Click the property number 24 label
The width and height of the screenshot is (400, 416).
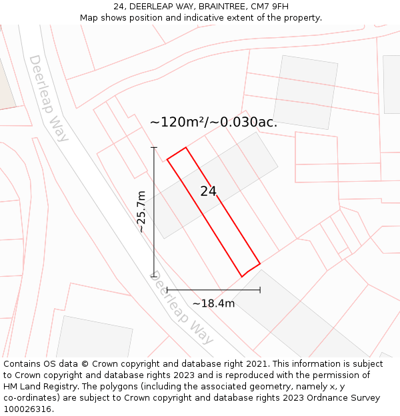(x=208, y=192)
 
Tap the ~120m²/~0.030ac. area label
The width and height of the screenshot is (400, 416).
(x=213, y=122)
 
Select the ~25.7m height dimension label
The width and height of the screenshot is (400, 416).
(x=141, y=212)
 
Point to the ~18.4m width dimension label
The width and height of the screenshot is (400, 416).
(x=213, y=304)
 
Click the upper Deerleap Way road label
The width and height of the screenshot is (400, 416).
(x=48, y=99)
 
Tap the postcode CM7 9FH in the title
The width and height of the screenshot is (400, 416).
(x=270, y=7)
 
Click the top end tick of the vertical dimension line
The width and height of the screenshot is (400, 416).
(x=154, y=147)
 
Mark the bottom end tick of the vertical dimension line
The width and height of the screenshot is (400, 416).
(x=154, y=276)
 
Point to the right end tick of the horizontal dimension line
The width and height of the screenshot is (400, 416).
(x=260, y=290)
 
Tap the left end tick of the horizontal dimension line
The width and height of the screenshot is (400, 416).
(x=167, y=290)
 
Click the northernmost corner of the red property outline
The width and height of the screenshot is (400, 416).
(x=186, y=147)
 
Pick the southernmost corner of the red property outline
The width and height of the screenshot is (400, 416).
(x=243, y=276)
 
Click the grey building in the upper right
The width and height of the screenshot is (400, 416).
(x=305, y=92)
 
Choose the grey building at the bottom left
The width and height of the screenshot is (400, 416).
(x=93, y=339)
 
